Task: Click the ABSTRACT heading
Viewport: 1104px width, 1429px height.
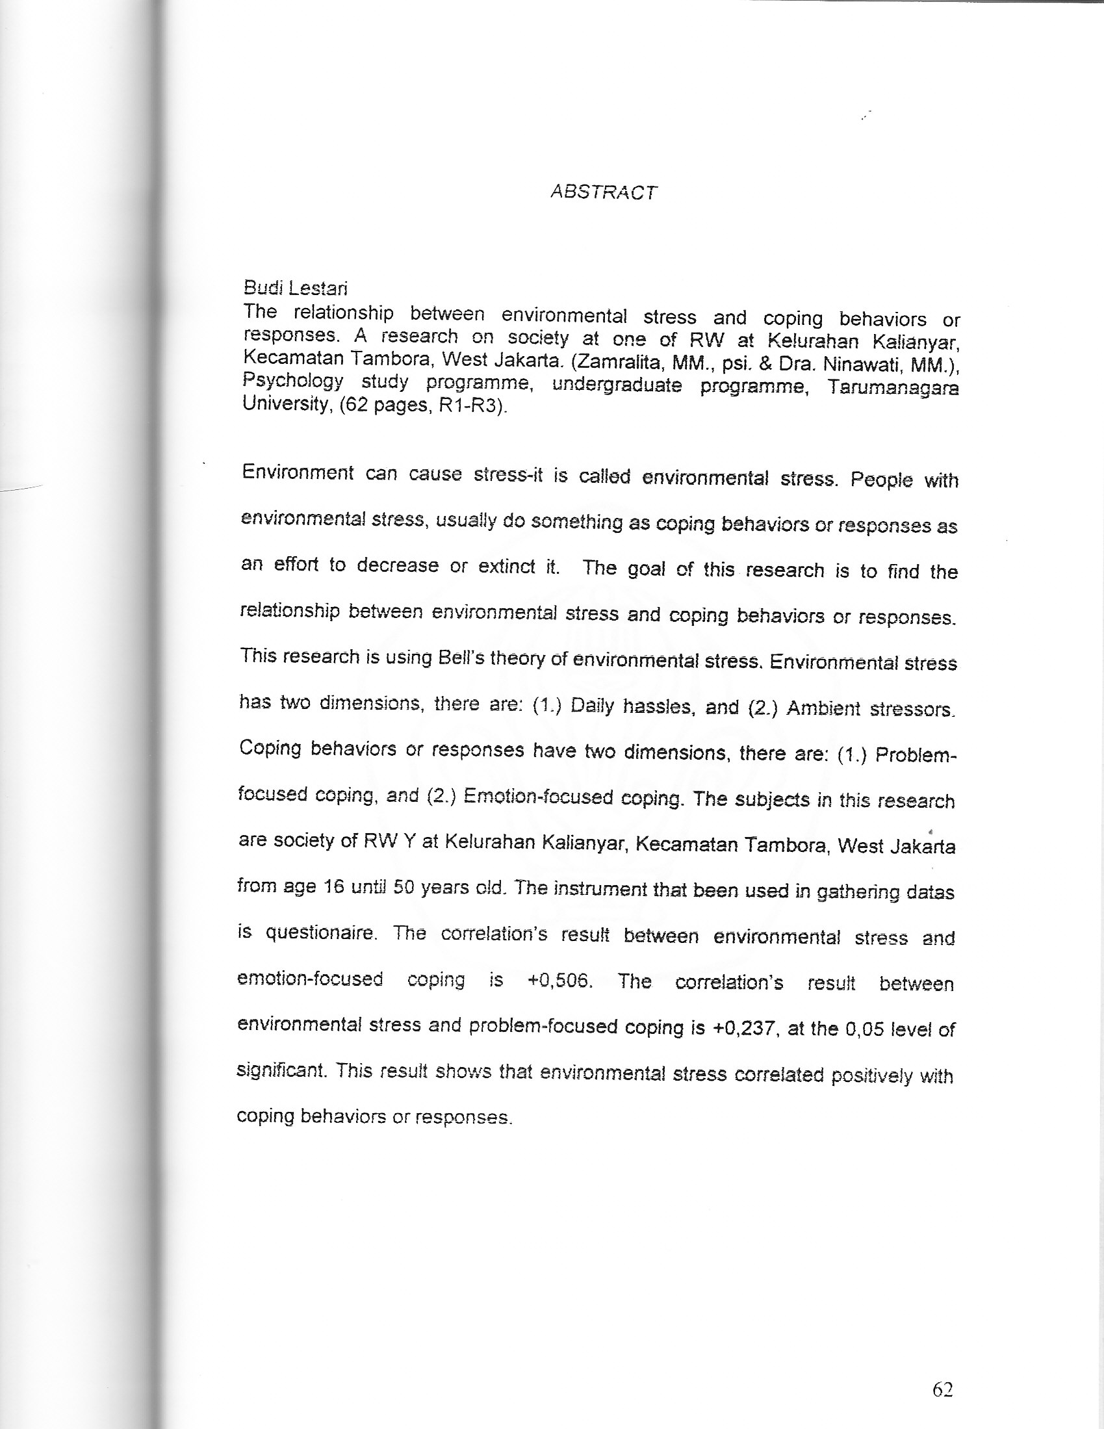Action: pos(604,192)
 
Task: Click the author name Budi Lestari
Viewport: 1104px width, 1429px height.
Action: pos(295,288)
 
